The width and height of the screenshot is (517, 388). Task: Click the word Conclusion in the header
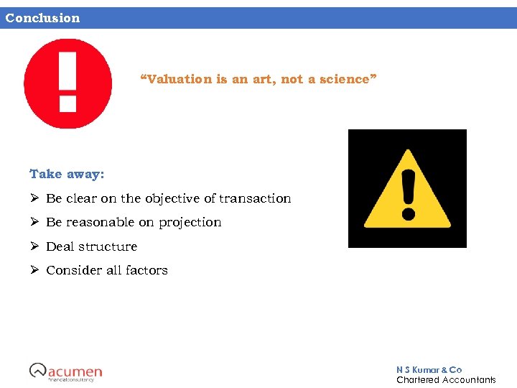[42, 18]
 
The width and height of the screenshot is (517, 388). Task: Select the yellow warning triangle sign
[407, 189]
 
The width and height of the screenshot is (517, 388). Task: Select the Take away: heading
[67, 174]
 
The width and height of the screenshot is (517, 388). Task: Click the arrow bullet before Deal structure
[34, 246]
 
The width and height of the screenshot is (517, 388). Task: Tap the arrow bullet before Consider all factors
[34, 270]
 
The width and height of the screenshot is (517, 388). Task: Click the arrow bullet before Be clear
[34, 198]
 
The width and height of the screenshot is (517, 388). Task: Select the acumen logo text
[75, 371]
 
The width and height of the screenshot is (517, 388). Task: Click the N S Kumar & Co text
[429, 369]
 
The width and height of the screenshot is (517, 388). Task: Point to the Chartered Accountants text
[446, 379]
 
